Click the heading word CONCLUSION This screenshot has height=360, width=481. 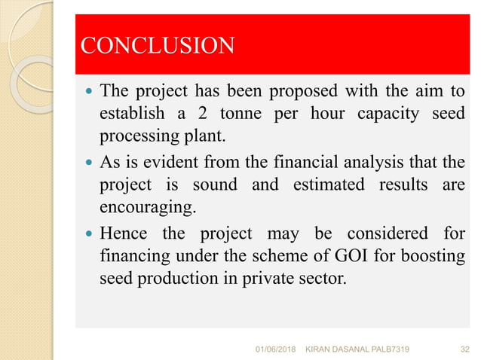point(157,46)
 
